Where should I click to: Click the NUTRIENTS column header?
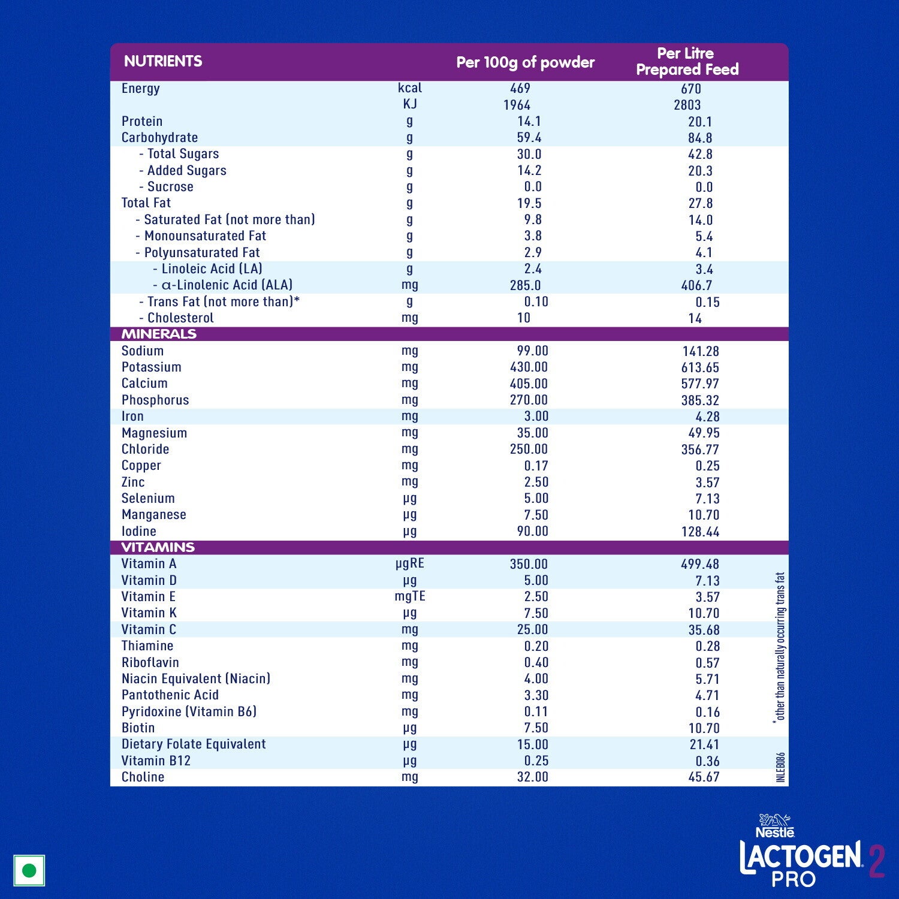click(162, 61)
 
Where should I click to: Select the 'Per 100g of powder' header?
click(525, 62)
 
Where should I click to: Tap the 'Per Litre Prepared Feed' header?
click(687, 62)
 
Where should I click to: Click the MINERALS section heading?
click(159, 334)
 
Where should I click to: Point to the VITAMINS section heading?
click(158, 547)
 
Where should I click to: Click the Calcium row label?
click(144, 384)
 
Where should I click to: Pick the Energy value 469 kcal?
click(520, 88)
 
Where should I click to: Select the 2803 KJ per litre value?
click(687, 105)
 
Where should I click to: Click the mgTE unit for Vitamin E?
click(410, 596)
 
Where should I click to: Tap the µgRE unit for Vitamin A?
click(410, 563)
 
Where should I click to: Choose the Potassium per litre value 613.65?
click(700, 367)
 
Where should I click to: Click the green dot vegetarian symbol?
click(29, 870)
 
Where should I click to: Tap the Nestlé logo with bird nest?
click(775, 826)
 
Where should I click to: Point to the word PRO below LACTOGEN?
click(794, 879)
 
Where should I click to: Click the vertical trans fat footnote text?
click(780, 647)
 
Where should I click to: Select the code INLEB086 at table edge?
click(780, 767)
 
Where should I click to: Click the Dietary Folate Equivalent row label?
click(194, 744)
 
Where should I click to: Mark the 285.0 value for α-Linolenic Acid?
click(525, 285)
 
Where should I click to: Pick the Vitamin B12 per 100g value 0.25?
click(532, 761)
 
